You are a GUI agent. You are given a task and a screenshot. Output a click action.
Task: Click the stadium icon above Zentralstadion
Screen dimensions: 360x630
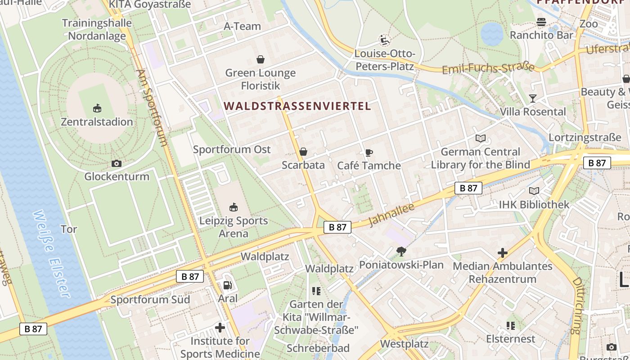click(97, 108)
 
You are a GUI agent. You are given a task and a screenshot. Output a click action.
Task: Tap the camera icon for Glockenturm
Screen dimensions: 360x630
click(117, 163)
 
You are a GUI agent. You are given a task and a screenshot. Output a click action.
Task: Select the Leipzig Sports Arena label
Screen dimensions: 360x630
click(234, 227)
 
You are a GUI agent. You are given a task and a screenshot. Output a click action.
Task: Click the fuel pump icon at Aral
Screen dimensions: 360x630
click(227, 285)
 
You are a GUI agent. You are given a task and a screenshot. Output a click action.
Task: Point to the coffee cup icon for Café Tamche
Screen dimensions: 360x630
click(369, 153)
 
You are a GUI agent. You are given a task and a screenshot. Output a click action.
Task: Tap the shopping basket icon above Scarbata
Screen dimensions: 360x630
click(303, 152)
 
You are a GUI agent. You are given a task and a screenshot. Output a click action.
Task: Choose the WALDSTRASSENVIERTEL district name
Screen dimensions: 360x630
click(297, 106)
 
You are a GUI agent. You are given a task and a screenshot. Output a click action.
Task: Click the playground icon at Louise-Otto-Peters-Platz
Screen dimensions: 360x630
click(384, 40)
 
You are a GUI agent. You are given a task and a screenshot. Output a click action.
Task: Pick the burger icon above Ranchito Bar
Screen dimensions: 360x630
click(541, 22)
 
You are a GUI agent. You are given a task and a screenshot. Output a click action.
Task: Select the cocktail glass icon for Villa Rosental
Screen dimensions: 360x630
click(533, 98)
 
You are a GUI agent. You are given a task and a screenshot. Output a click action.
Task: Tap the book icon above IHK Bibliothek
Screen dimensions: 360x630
click(534, 191)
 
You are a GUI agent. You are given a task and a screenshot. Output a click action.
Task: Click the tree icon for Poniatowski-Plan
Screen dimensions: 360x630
click(401, 252)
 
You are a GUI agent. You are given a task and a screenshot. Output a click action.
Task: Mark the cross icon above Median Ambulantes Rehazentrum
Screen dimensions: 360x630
click(503, 253)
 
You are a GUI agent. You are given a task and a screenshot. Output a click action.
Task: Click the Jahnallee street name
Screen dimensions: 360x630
click(385, 215)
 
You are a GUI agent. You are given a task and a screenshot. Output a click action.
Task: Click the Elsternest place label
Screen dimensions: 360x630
click(511, 339)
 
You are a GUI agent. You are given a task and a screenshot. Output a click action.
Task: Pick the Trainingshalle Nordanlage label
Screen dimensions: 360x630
click(97, 29)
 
